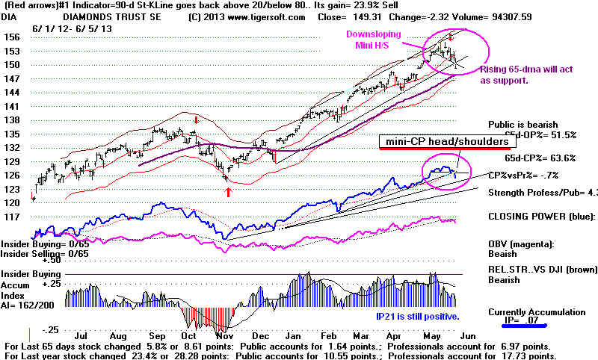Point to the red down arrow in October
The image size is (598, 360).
click(x=196, y=120)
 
